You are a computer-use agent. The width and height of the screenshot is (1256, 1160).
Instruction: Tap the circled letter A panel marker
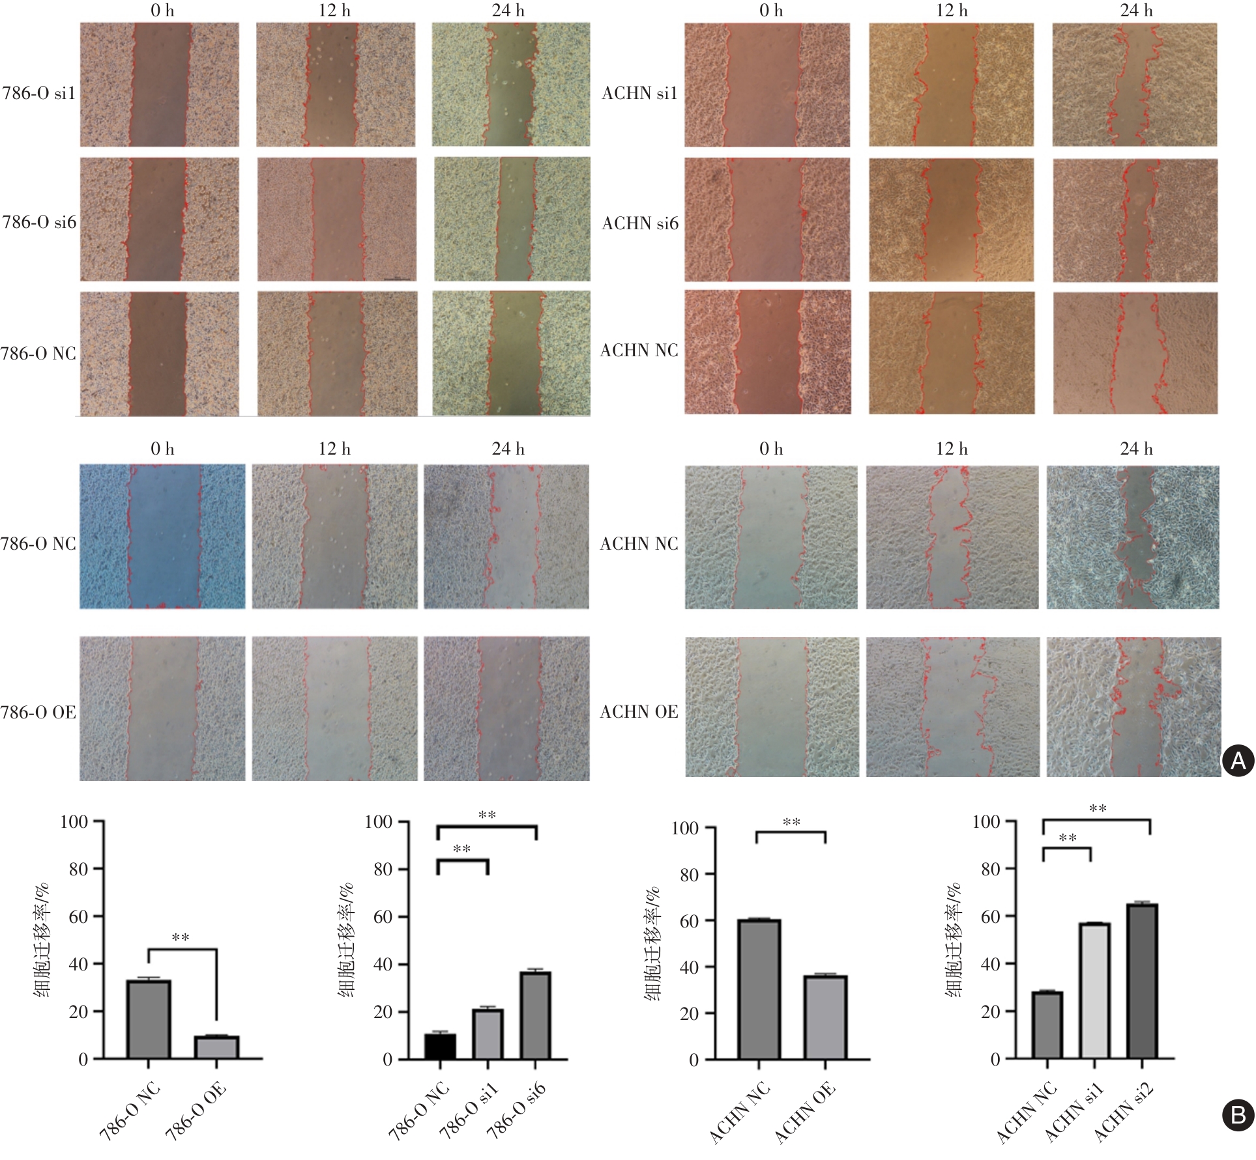1237,760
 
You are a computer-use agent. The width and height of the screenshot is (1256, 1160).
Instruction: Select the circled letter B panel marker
1237,1115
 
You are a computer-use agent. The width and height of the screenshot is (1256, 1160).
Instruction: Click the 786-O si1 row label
39,93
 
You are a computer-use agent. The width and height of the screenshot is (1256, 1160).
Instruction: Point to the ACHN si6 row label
639,223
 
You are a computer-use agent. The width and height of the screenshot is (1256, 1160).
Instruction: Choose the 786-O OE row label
38,712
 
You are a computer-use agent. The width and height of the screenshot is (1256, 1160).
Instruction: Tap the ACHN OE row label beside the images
639,711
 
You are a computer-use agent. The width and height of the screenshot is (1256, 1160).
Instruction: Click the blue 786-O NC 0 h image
162,536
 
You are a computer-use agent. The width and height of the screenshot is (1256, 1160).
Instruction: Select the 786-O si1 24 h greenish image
511,85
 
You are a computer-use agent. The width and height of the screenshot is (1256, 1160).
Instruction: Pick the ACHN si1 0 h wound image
767,85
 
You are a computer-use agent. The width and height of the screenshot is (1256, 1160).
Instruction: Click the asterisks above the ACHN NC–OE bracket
791,823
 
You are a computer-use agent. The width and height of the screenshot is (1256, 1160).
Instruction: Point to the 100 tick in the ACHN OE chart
684,828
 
